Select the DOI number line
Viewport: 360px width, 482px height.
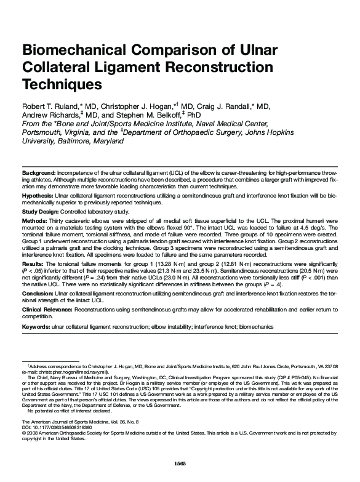(52, 426)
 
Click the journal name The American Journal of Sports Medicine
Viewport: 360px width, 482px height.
(68, 421)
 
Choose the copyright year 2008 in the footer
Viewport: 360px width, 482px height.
(32, 433)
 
